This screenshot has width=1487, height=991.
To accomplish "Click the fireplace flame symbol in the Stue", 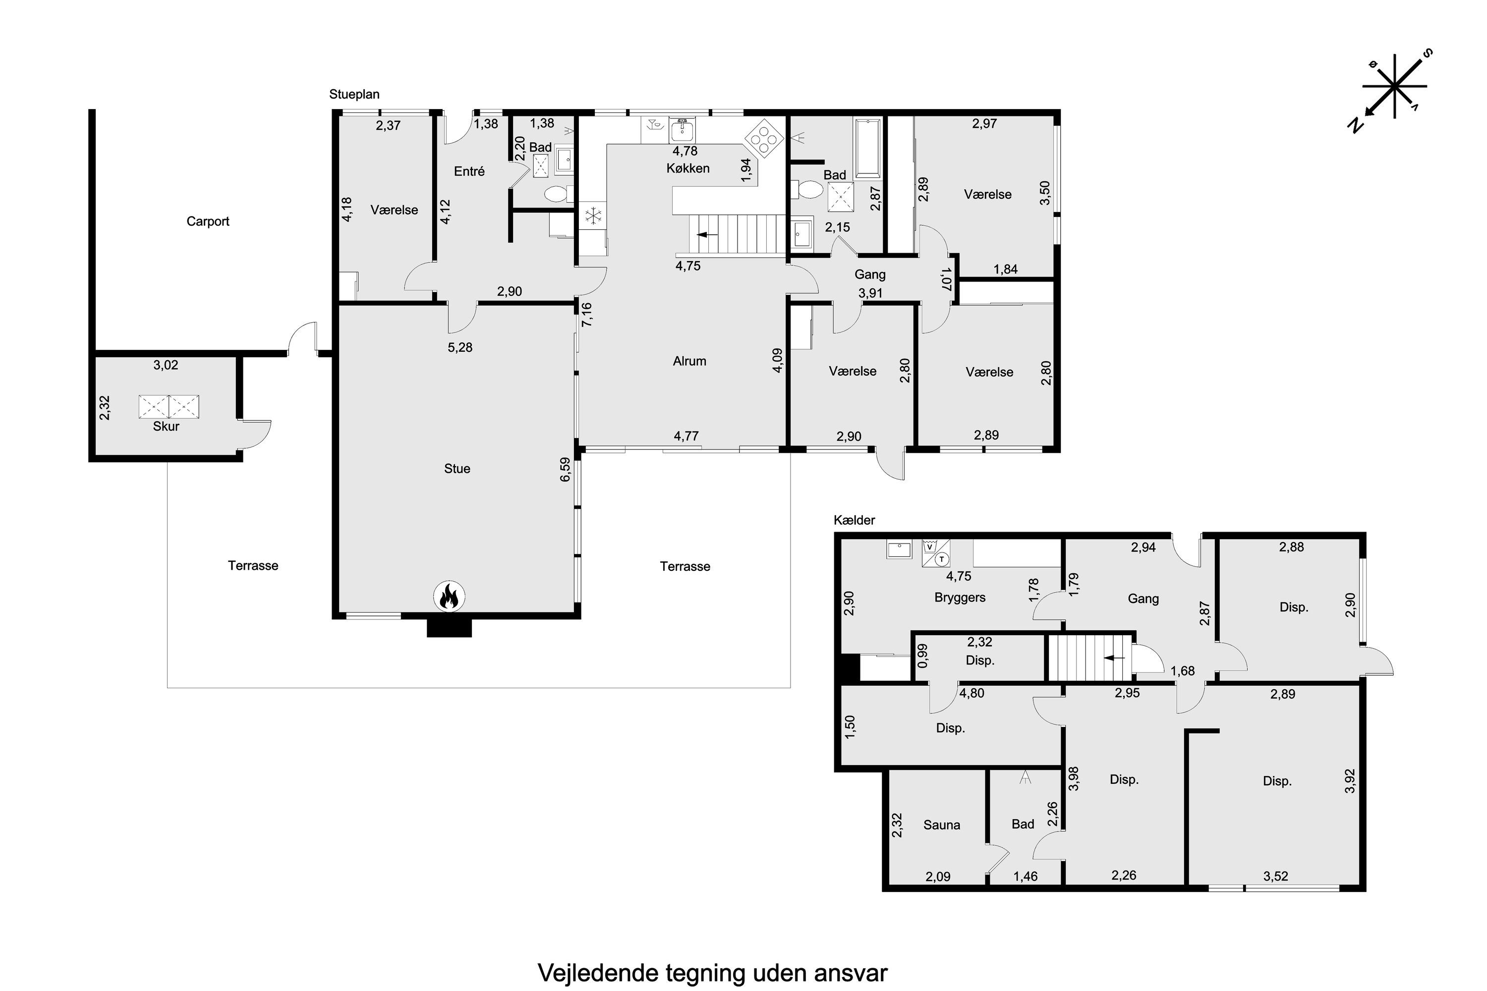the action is [x=449, y=596].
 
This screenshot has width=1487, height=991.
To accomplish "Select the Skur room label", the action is [x=166, y=426].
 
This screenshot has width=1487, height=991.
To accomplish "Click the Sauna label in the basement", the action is [x=941, y=825].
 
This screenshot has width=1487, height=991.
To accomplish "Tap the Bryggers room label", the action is [x=960, y=597].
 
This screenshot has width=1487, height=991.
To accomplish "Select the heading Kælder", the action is [x=854, y=520].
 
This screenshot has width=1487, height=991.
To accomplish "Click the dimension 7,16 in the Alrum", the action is [x=587, y=314].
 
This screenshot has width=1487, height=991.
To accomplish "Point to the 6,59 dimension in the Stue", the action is [x=565, y=470].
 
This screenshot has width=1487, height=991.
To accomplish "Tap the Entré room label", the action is [x=469, y=171].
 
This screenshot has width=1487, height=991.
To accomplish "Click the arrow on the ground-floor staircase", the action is [x=707, y=234].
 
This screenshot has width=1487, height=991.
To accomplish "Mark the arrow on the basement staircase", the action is [x=1114, y=658].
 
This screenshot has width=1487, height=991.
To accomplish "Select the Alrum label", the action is [x=689, y=361].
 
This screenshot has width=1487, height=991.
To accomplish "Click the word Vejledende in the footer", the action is [x=597, y=973].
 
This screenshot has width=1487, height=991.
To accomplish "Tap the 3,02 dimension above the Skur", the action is [x=166, y=365].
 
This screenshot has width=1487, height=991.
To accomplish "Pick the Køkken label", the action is [x=688, y=168].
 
